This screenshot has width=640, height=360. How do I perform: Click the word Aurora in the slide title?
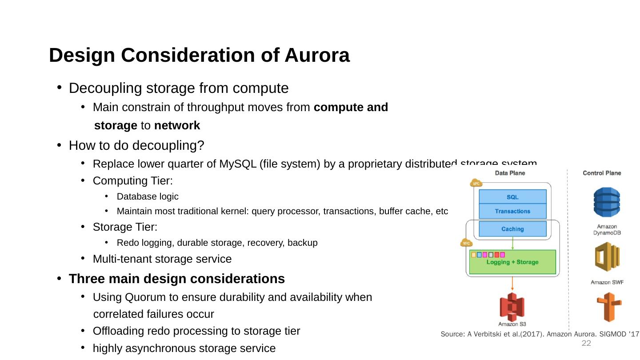(317, 56)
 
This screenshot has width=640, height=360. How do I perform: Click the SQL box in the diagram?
(512, 197)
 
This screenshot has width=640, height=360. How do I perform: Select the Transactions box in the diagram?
(512, 211)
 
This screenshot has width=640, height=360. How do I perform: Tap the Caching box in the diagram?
(512, 229)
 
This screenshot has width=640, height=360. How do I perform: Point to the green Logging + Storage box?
(512, 262)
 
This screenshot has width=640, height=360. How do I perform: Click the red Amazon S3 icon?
(512, 307)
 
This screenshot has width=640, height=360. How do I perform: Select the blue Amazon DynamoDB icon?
(607, 202)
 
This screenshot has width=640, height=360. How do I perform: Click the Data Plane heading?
(510, 173)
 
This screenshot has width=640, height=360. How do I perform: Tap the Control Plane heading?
(602, 173)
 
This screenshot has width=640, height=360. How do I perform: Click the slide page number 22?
(587, 344)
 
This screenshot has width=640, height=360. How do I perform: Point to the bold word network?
(177, 126)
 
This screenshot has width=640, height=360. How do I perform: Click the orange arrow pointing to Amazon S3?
(512, 284)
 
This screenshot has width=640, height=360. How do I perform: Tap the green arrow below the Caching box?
(512, 243)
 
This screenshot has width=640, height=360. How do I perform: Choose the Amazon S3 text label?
(512, 324)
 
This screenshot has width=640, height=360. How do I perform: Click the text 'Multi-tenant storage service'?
(162, 259)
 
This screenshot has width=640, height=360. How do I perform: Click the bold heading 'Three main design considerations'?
(177, 279)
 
